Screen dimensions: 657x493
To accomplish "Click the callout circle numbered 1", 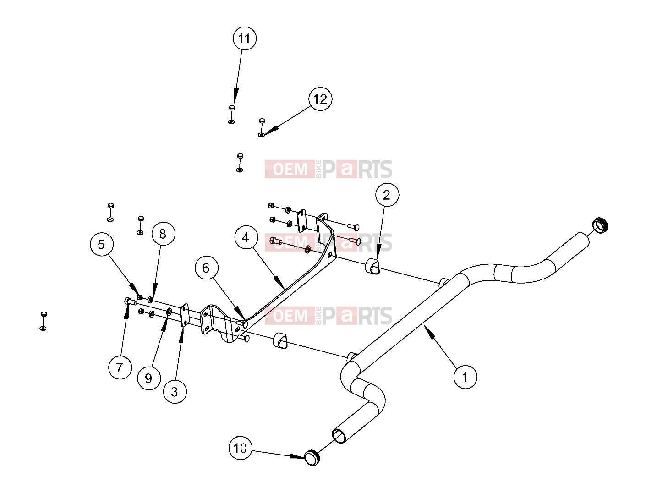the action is click(x=465, y=377).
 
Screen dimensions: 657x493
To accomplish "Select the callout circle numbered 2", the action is click(x=387, y=195).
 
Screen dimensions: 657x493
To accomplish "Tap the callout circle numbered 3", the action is click(x=175, y=392).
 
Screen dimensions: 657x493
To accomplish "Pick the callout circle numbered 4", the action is click(x=246, y=237).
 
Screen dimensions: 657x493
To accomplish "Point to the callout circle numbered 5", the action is click(x=101, y=245).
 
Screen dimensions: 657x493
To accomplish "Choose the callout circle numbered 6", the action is click(x=206, y=268).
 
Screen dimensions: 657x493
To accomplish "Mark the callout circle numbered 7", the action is click(x=120, y=367).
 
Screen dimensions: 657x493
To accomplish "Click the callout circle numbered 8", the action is click(x=163, y=234).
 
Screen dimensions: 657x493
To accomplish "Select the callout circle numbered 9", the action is click(x=149, y=378).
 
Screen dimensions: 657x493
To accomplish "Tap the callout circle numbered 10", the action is click(x=241, y=448).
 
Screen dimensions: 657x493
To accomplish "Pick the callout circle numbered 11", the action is click(x=244, y=38).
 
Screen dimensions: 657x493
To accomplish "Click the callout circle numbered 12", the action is click(x=320, y=99).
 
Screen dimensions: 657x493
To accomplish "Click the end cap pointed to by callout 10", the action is click(x=312, y=458).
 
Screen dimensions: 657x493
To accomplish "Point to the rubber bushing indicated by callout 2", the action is click(x=372, y=266).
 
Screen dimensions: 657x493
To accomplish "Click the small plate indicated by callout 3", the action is click(x=184, y=315).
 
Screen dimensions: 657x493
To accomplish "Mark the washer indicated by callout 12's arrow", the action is click(x=261, y=135).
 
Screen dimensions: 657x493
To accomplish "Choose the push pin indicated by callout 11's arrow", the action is click(x=232, y=108).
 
